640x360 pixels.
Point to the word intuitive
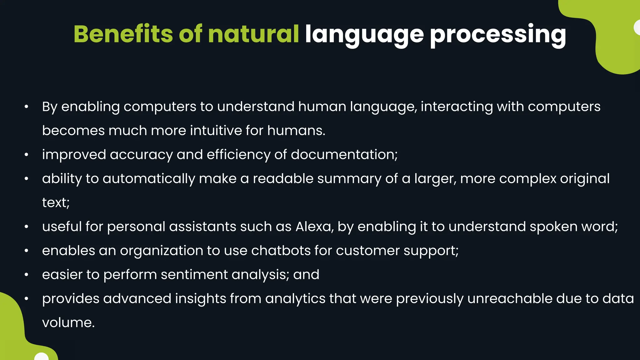(216, 130)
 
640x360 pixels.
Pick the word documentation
(344, 154)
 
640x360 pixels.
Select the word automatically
(149, 179)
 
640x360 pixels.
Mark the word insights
(200, 299)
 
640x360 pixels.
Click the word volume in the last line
(68, 322)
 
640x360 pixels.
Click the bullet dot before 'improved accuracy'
(27, 155)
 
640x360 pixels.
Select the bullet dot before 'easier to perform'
(27, 275)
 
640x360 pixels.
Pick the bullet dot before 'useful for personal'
(27, 227)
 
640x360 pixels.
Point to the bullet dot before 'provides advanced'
(27, 299)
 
